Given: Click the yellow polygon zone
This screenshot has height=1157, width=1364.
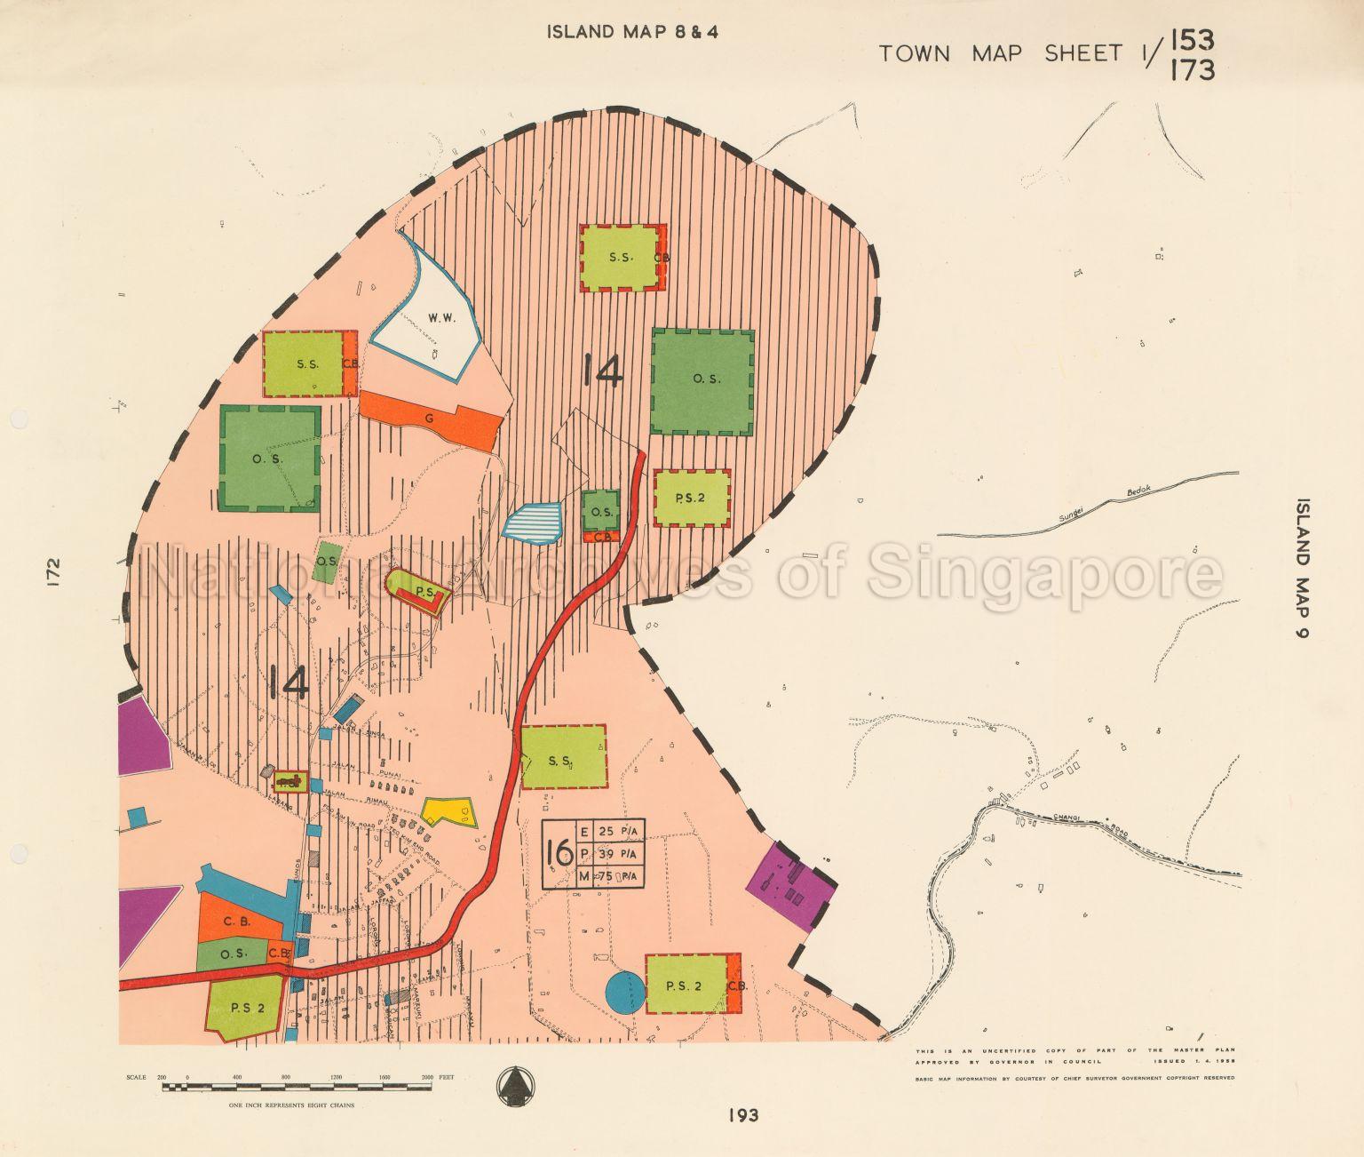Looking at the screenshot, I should (449, 811).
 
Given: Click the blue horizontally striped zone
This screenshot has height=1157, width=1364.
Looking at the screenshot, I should (533, 522).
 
